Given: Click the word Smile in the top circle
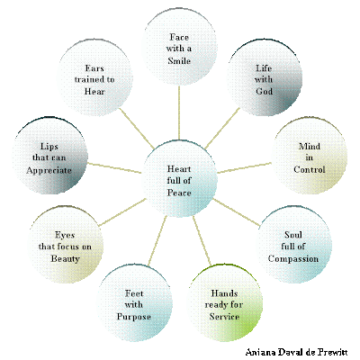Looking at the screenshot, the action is [x=179, y=60].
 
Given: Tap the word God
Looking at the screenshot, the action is [x=264, y=91].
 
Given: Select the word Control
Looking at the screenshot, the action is [x=310, y=169].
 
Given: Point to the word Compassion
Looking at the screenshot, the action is [x=293, y=258].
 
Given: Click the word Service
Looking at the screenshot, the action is [x=224, y=317].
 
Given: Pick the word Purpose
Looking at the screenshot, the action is [x=134, y=317].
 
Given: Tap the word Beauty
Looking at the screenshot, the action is [x=65, y=258].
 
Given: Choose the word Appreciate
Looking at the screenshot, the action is [x=49, y=170].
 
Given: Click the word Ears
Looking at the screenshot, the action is [x=94, y=68].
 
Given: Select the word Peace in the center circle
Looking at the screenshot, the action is [x=179, y=193].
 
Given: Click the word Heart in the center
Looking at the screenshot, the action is [x=179, y=169].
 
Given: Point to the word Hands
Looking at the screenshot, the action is [x=224, y=293].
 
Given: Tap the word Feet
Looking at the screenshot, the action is [x=134, y=293].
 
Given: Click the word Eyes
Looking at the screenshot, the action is [x=65, y=235].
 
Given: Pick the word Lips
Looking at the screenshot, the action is [x=49, y=147].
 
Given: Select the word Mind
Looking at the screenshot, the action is [x=310, y=147].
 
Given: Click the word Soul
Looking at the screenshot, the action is [x=293, y=235].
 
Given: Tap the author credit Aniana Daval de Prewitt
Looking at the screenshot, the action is [x=296, y=352].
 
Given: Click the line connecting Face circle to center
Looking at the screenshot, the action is [x=179, y=112].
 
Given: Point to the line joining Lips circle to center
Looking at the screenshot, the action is [x=114, y=168].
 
